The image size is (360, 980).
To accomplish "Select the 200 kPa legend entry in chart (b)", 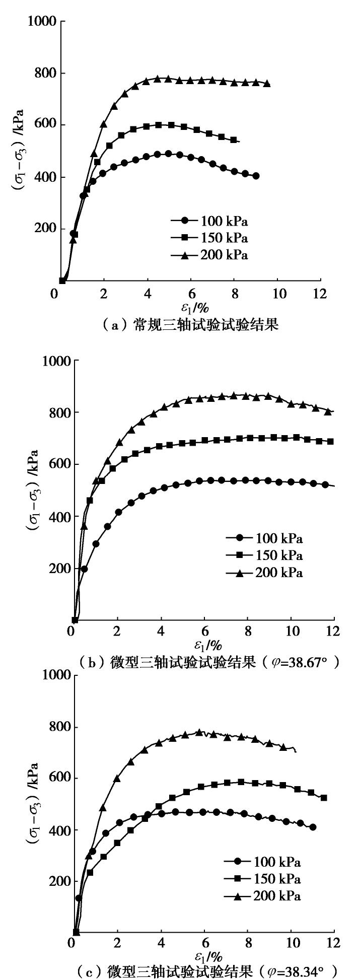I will pos(264,573).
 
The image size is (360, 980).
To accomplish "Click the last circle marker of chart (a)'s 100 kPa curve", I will pos(256,176).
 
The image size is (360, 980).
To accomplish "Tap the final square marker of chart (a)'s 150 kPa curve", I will pos(234,139).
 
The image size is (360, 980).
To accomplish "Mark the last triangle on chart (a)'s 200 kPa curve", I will pos(267,84).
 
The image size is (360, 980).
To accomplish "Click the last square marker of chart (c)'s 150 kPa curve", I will pos(324,798).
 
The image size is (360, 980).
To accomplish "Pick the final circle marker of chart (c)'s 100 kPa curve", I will pos(313,827).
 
